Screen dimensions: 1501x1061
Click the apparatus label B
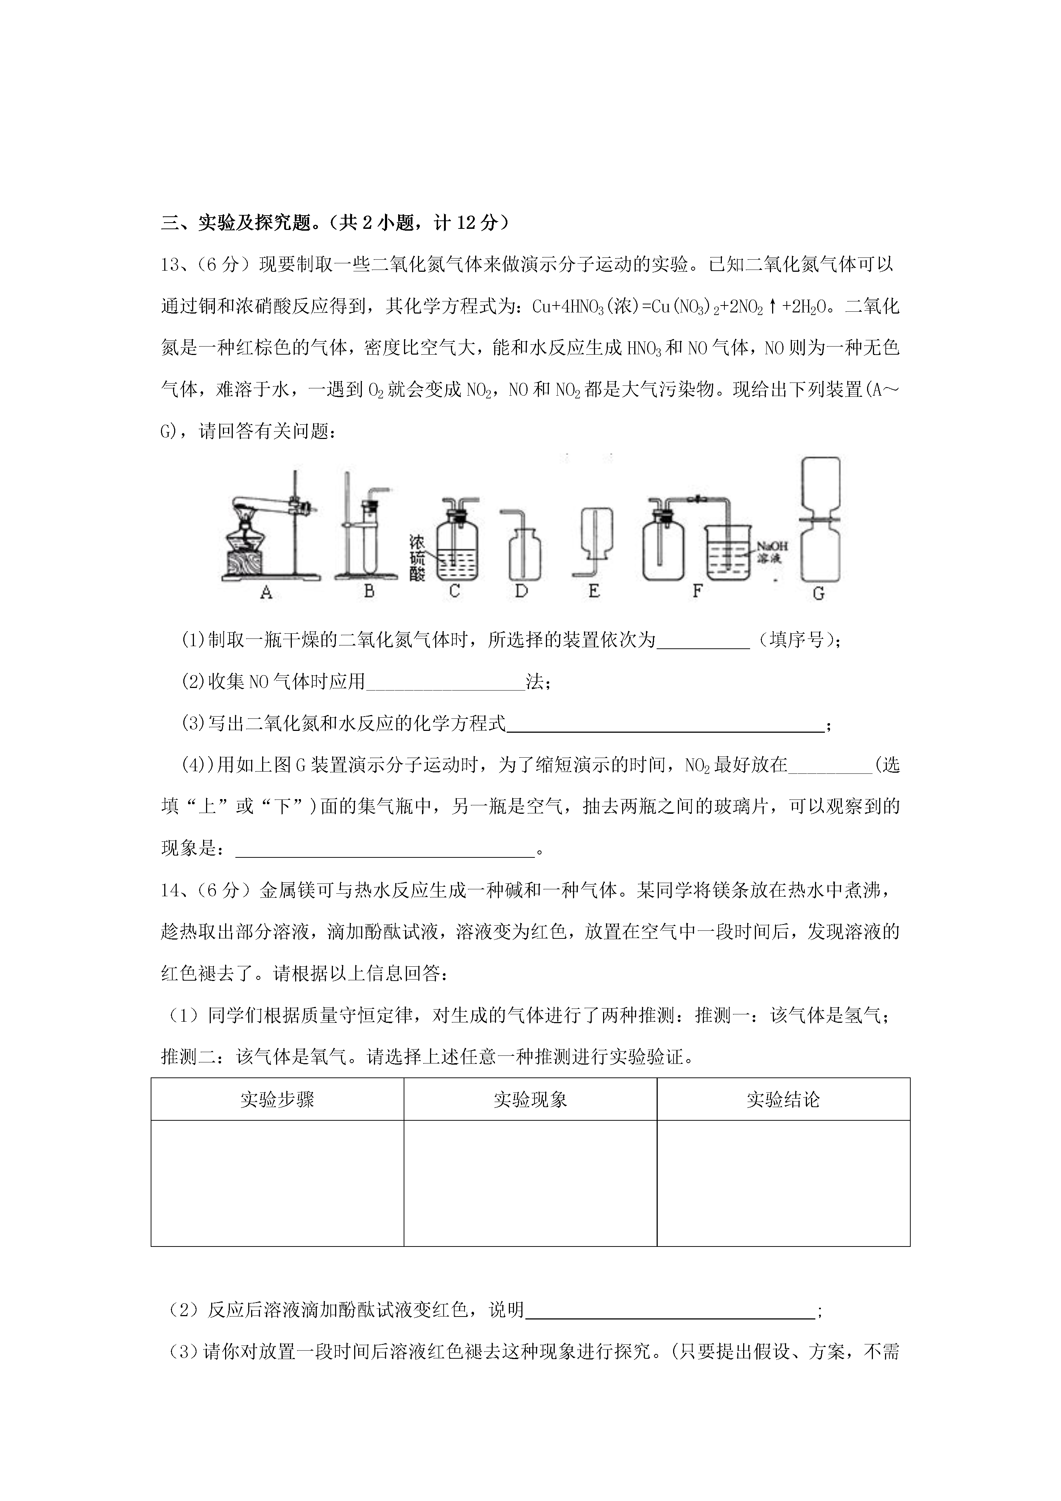(x=369, y=591)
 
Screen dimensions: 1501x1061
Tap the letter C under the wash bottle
(x=454, y=591)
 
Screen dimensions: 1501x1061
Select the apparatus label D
(x=521, y=591)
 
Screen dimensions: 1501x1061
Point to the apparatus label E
(x=594, y=591)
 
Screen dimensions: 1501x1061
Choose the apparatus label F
(x=697, y=591)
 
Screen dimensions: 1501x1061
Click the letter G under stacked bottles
(x=818, y=594)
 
